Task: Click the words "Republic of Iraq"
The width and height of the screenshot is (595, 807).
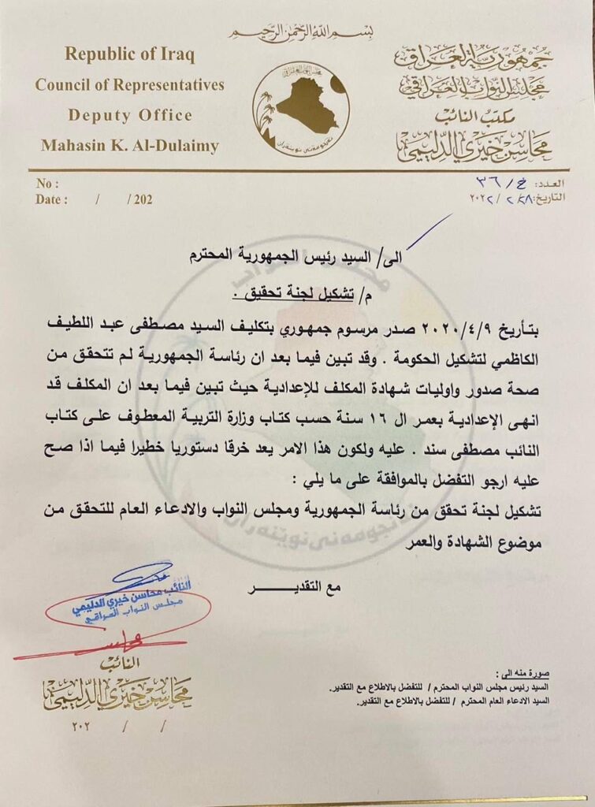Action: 129,54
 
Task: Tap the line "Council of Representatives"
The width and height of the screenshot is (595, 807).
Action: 129,85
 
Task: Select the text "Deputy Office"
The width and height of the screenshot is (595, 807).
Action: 130,115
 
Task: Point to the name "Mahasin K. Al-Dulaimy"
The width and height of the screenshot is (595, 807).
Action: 130,146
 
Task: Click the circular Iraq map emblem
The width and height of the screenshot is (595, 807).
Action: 300,109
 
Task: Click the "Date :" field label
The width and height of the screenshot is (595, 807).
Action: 51,199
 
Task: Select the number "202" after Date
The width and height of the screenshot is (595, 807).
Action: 143,199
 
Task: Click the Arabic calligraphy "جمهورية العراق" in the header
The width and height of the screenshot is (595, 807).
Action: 473,57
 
